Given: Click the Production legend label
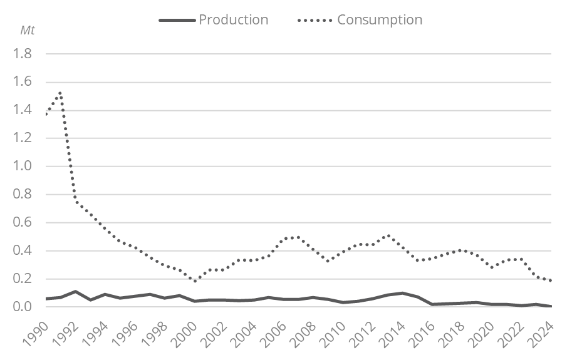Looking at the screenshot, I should pos(233,19).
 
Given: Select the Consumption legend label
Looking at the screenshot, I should pos(380,19).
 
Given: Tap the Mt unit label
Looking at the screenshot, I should pos(28,30).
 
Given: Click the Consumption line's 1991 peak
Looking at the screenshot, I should pos(60,93).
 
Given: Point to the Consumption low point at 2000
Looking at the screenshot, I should pos(195,281).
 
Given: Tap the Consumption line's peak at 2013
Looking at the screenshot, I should pos(388,235).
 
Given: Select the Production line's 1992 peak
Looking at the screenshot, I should pos(75,292).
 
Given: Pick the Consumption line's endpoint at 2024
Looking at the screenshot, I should pos(551,280).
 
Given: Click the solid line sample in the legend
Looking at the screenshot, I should pos(177,19).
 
